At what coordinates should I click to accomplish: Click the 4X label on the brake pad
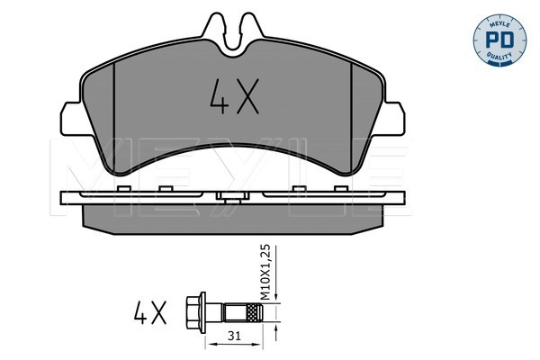click(x=235, y=96)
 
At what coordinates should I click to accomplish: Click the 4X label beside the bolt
click(x=150, y=312)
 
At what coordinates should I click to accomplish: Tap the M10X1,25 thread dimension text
click(x=265, y=273)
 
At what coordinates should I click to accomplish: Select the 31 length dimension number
click(x=234, y=336)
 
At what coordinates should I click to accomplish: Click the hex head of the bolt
click(x=193, y=312)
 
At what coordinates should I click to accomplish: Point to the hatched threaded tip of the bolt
click(x=255, y=312)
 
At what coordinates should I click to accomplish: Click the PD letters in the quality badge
click(x=499, y=40)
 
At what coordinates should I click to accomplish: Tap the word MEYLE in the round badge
click(x=499, y=23)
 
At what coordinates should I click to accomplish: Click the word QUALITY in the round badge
click(x=499, y=57)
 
